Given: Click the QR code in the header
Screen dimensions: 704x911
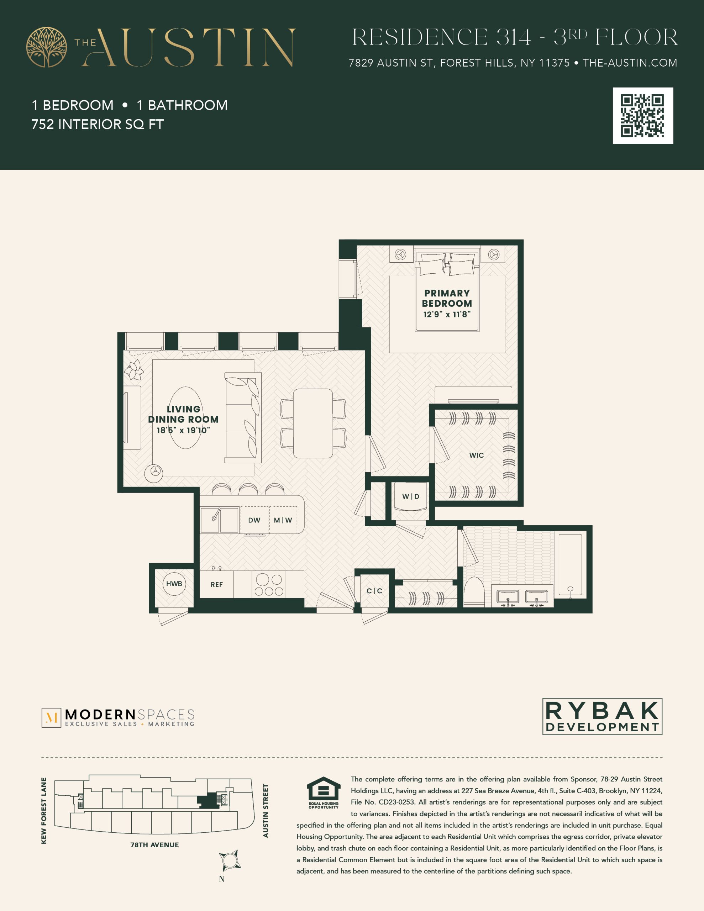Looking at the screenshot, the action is point(643,116).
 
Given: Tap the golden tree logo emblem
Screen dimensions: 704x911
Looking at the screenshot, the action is point(46,47).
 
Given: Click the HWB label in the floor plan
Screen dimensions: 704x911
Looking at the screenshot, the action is point(174,584).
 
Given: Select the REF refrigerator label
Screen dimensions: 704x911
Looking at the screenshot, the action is point(217,584).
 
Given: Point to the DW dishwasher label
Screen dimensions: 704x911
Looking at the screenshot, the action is point(254,520).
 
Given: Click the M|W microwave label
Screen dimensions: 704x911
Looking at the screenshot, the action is point(283,520).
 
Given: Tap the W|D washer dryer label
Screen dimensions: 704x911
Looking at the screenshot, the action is point(411,496).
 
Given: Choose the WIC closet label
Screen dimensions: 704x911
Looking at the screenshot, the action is point(477,455).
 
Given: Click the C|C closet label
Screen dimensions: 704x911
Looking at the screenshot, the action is point(374,591).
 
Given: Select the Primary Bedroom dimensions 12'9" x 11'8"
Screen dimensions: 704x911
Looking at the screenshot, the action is point(447,314).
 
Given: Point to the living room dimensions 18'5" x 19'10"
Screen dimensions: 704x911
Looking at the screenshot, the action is point(183,430).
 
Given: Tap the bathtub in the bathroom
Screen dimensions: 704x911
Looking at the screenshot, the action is point(571,565).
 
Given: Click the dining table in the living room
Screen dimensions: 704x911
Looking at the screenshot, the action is point(313,423).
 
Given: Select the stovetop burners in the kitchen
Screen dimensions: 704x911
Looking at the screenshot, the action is point(269,584).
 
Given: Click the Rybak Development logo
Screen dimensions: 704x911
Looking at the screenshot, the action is point(602,716).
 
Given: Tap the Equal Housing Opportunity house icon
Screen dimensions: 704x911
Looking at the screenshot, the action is point(324,789).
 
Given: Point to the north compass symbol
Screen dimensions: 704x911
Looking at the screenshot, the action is point(230,860).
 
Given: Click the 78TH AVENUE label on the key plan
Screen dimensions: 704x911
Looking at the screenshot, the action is point(154,845).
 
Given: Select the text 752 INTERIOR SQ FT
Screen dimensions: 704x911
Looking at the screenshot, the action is point(98,124).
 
